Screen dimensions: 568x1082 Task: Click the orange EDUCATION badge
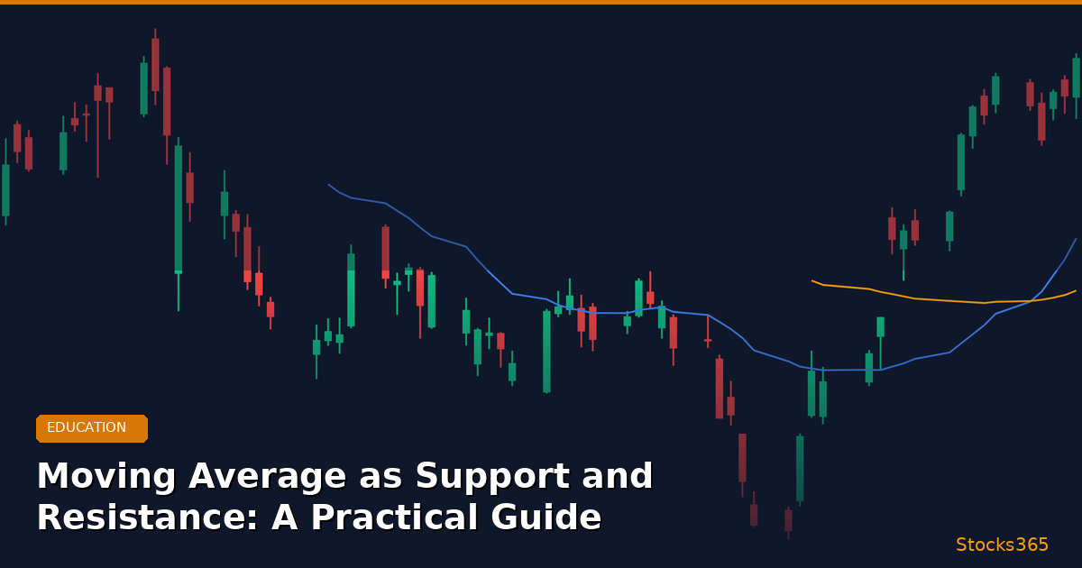(91, 428)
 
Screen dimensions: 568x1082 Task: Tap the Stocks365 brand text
(1002, 545)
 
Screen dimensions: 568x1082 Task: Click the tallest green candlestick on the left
(179, 209)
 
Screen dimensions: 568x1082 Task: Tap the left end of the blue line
(329, 185)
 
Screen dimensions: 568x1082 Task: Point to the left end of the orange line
(812, 280)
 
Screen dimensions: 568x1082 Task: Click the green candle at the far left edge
(5, 189)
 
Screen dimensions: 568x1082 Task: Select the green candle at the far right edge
(1076, 78)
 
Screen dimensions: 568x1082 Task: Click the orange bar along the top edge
(541, 2)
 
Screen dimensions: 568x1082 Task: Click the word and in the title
(619, 477)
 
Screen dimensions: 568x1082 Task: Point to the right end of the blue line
(1076, 239)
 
